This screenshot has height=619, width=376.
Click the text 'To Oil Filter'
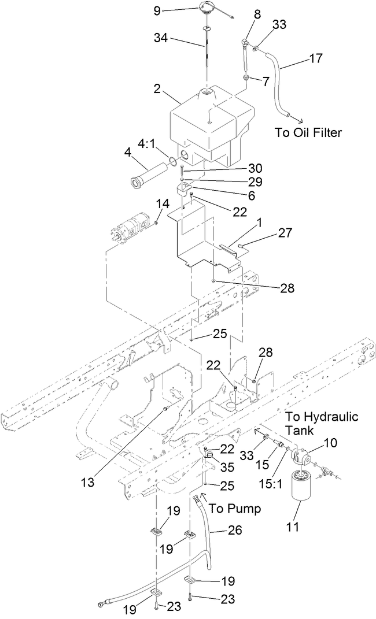point(308,132)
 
